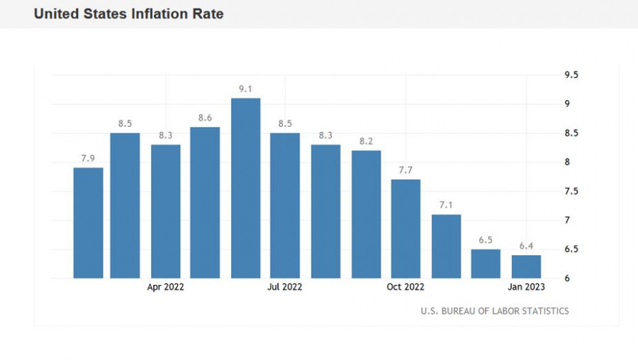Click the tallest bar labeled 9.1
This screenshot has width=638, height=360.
246,188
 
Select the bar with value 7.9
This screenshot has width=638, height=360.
88,223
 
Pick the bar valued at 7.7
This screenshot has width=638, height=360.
405,228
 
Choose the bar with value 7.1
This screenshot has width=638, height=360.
446,246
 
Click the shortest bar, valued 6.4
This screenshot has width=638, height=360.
526,266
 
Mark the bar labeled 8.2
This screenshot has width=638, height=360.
366,214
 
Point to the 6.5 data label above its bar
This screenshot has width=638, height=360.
486,240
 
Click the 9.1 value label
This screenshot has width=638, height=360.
246,89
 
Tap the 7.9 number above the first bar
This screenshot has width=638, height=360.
88,159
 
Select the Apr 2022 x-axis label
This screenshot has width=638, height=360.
166,287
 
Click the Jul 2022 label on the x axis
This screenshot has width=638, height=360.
285,287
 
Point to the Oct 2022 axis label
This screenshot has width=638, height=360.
405,287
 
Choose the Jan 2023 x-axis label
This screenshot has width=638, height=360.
526,287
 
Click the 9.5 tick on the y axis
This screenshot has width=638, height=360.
571,75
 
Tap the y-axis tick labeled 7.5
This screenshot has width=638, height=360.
571,191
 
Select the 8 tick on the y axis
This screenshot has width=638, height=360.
567,162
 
